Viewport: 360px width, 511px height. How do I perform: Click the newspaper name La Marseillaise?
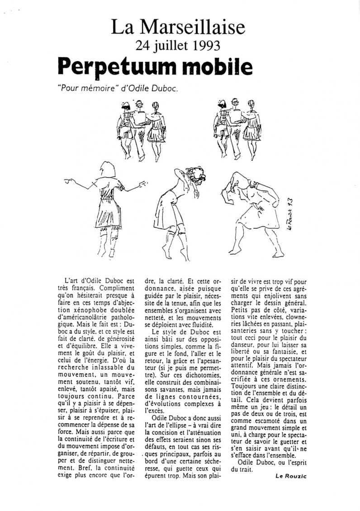(178, 28)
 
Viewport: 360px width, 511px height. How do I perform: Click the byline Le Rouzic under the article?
(290, 475)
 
